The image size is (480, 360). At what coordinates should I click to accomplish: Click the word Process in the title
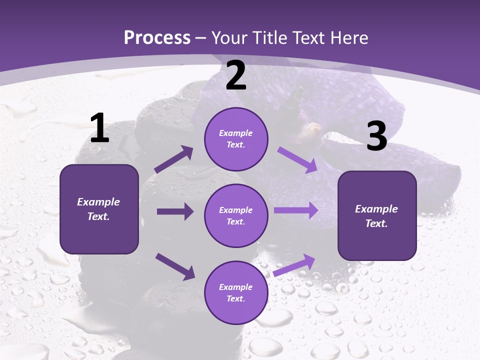[157, 37]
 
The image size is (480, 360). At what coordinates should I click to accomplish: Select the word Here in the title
[348, 37]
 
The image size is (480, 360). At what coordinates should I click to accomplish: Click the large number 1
[99, 128]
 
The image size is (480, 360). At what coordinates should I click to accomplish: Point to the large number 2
[236, 75]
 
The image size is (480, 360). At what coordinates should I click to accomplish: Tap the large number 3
[376, 136]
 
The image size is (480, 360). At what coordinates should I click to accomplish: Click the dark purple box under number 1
[99, 209]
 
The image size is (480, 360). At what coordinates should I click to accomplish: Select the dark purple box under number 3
[377, 216]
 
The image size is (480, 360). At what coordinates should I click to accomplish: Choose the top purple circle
[236, 139]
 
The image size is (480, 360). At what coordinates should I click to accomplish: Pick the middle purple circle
[236, 215]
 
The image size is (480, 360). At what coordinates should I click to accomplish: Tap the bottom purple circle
[236, 292]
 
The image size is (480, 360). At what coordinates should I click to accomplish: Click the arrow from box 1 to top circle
[174, 159]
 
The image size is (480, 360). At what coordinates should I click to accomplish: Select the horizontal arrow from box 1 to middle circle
[175, 211]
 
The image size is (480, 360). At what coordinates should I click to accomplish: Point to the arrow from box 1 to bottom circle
[175, 266]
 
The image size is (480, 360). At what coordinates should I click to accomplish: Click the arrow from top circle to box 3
[297, 159]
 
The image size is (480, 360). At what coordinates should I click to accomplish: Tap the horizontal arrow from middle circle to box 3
[296, 210]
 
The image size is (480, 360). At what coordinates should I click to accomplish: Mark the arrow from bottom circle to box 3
[294, 265]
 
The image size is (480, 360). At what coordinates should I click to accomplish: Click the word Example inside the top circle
[236, 133]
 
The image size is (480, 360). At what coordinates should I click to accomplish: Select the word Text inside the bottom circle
[235, 298]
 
